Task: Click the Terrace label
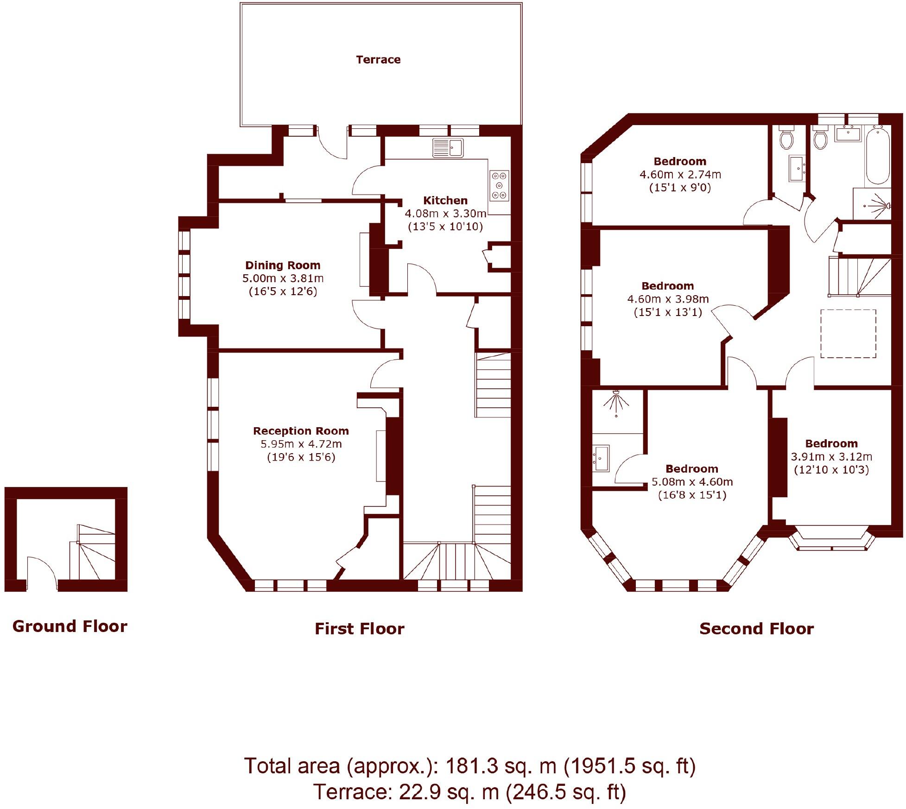(x=378, y=60)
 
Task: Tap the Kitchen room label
(x=445, y=201)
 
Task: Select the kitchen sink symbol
(x=448, y=148)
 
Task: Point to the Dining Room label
(x=283, y=265)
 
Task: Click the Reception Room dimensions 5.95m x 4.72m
(x=301, y=444)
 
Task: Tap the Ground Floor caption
(x=70, y=626)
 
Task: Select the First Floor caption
(x=360, y=629)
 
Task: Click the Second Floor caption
(x=756, y=629)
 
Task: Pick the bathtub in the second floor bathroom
(x=878, y=156)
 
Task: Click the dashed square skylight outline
(x=848, y=334)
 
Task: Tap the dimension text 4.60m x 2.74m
(x=680, y=175)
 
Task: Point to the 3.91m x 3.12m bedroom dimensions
(x=831, y=456)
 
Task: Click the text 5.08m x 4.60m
(x=692, y=482)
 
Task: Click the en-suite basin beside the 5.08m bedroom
(x=602, y=458)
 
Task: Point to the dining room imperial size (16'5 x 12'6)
(x=283, y=291)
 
